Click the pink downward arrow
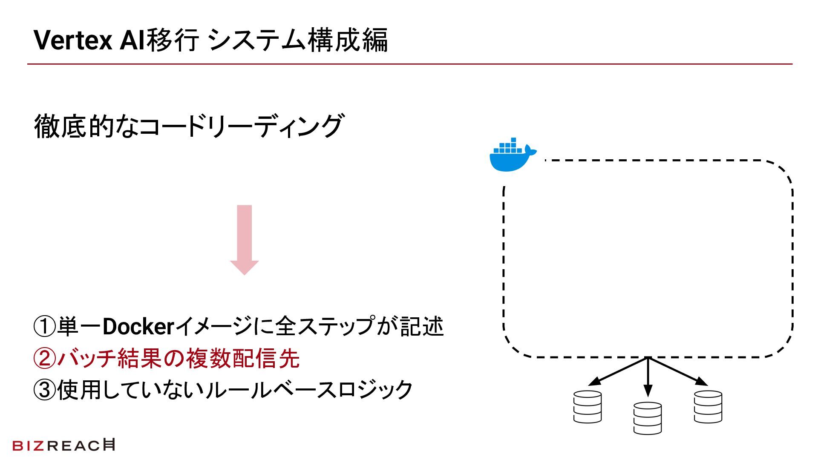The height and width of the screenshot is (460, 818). coord(244,240)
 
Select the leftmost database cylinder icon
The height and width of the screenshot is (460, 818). coord(587,407)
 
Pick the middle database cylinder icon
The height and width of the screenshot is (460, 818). coord(648,418)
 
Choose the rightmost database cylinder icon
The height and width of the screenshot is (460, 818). coord(708,407)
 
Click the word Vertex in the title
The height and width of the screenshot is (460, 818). coord(73,40)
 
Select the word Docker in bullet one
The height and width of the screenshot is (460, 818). coord(138,327)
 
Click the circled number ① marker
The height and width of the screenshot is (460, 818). coord(45,327)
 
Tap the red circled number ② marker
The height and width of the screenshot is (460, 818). coord(45,358)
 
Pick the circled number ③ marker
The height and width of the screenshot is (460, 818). coord(45,390)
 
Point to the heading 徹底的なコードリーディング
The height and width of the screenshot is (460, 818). coord(188,126)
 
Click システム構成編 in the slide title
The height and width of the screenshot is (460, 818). coord(298,40)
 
